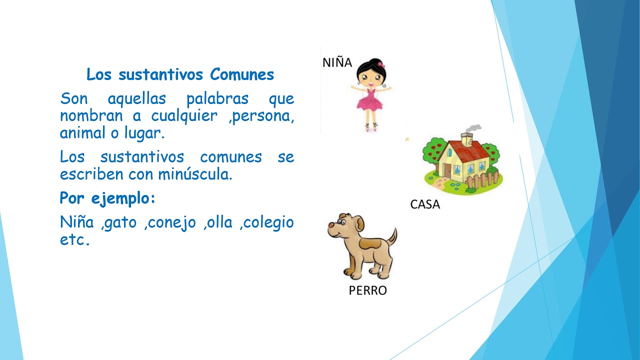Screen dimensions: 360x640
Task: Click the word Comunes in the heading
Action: click(x=242, y=74)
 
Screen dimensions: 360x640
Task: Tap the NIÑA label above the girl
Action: click(x=337, y=62)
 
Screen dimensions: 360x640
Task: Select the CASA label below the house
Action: click(x=425, y=204)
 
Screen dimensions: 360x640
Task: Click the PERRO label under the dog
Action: click(x=367, y=290)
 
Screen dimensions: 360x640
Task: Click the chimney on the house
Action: click(x=467, y=138)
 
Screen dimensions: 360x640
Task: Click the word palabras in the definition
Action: click(x=217, y=98)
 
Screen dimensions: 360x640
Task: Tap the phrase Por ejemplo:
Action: click(x=107, y=198)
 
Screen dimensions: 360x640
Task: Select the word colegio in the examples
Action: click(x=268, y=222)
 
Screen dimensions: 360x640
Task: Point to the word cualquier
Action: click(x=184, y=116)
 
